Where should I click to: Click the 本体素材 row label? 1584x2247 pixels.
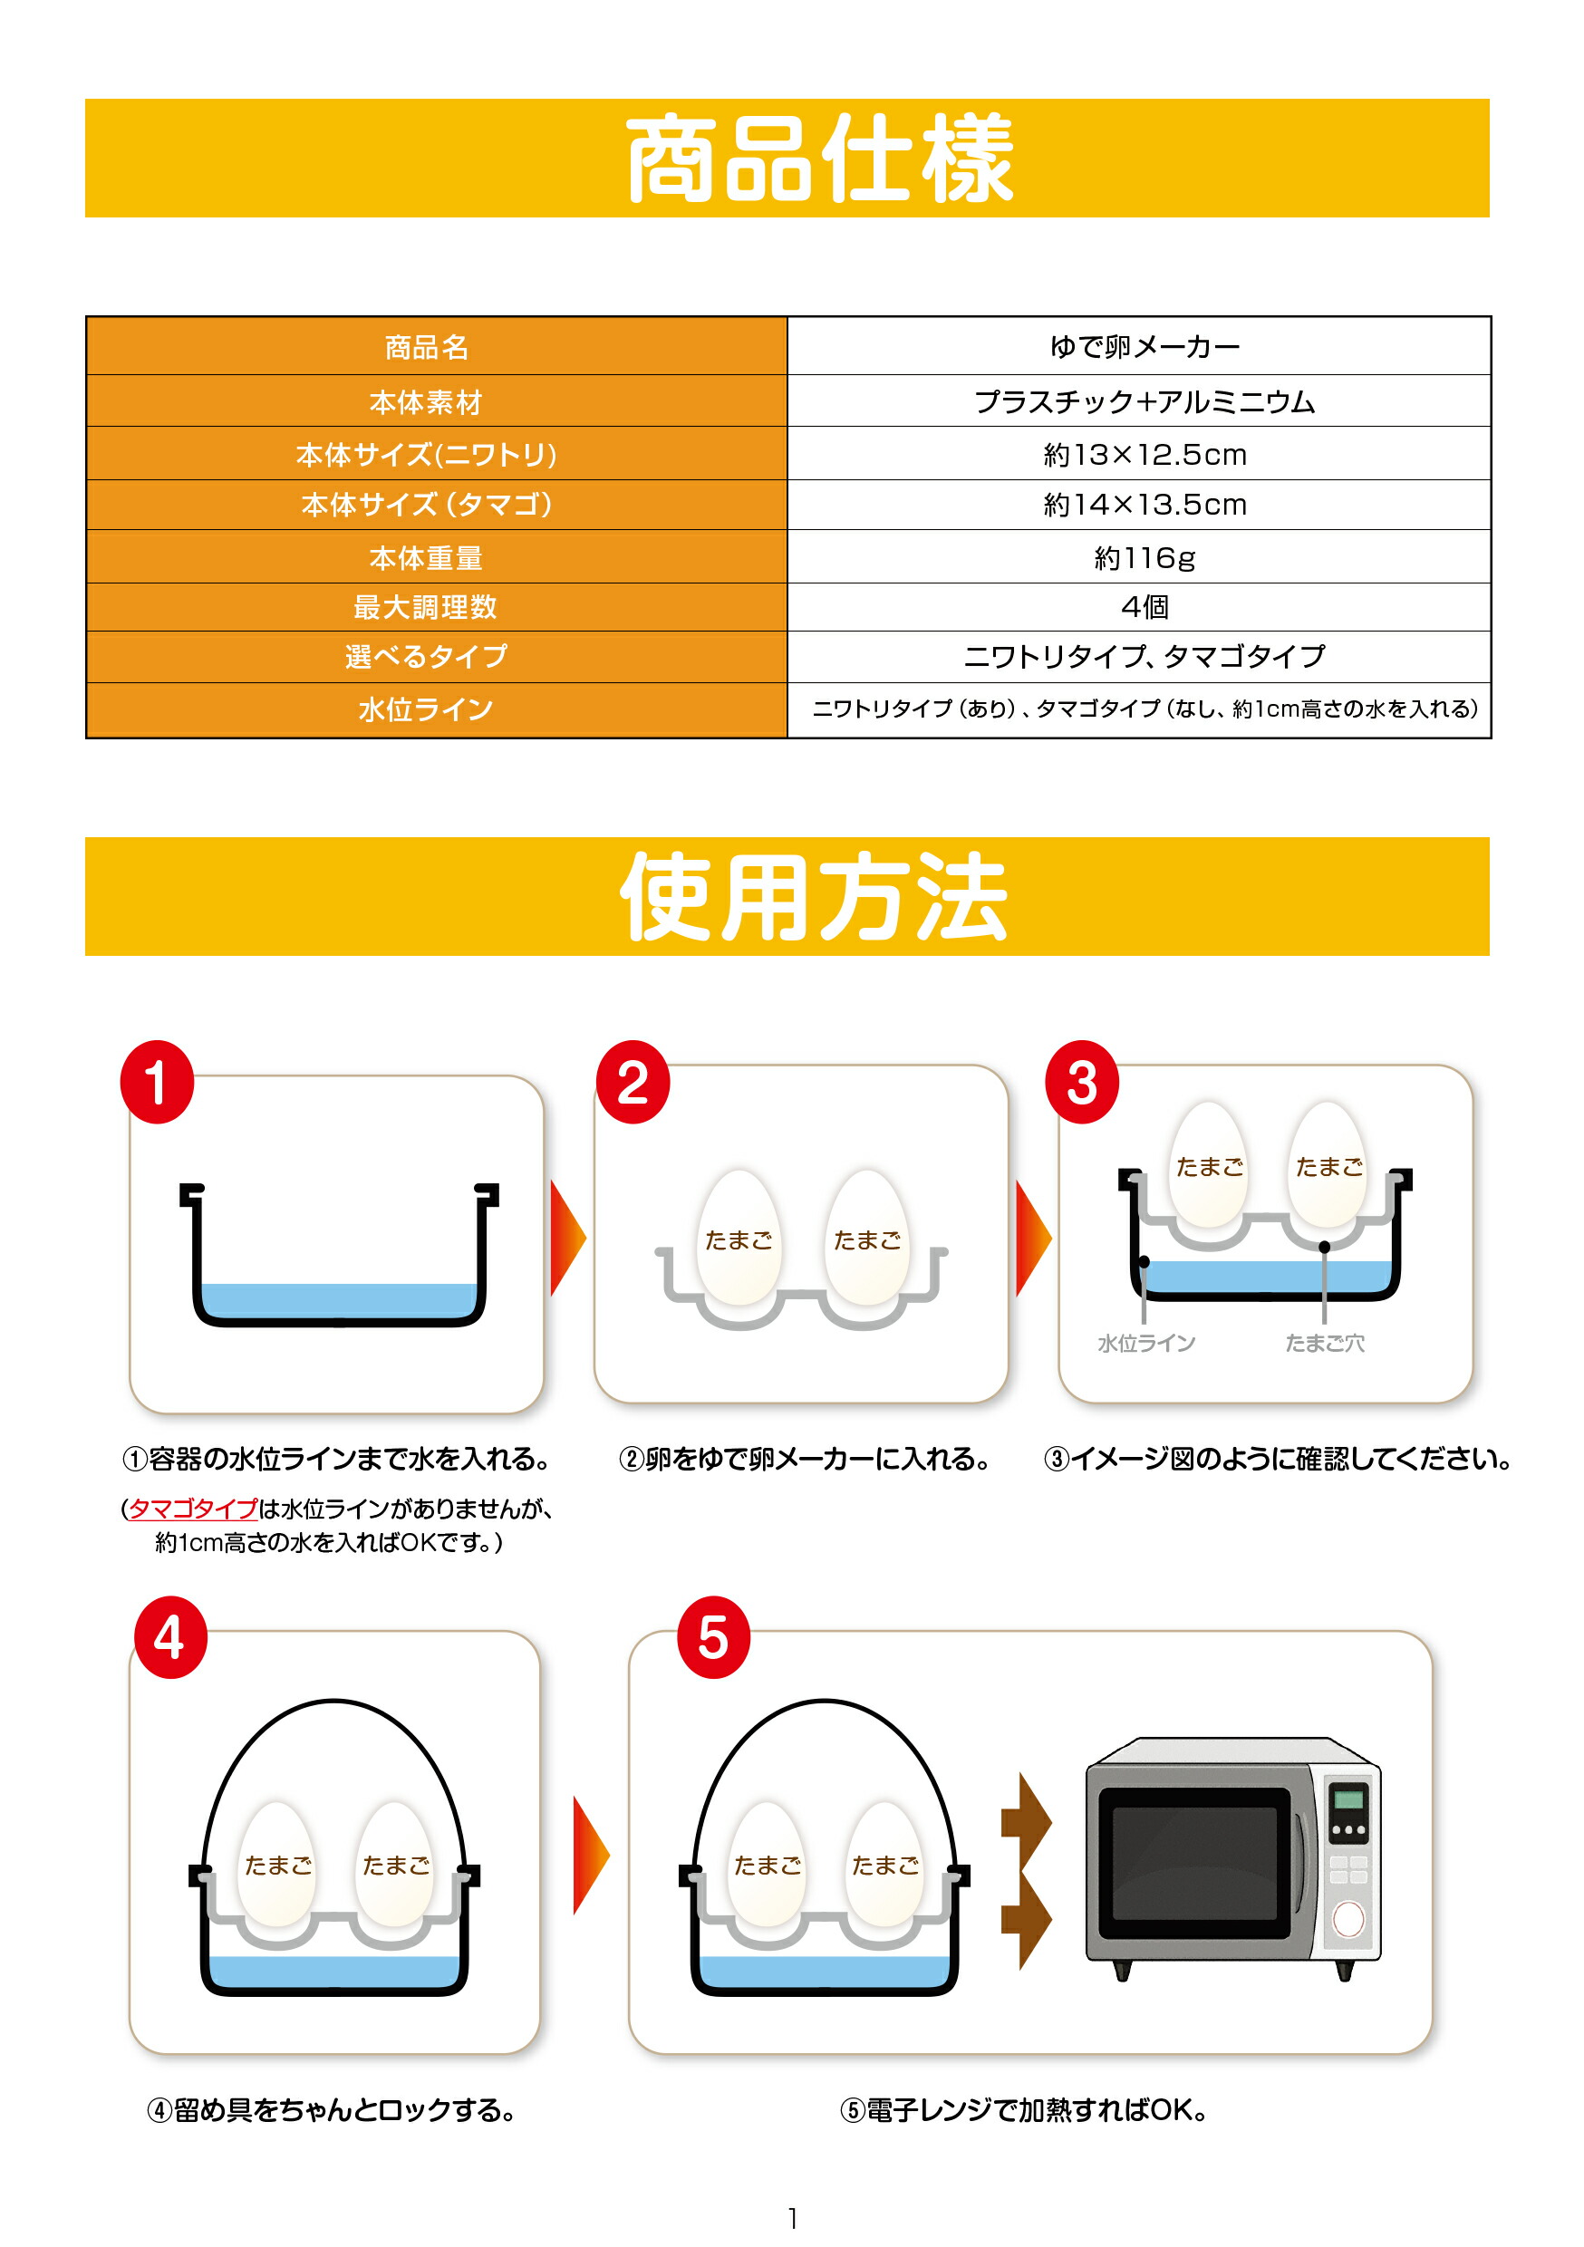[426, 401]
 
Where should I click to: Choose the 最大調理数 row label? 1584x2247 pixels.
[426, 607]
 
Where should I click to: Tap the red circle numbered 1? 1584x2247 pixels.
[157, 1082]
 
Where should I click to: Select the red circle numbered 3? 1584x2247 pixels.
[1082, 1082]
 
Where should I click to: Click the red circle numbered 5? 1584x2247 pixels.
[714, 1637]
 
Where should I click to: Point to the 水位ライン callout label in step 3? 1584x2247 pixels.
[1146, 1343]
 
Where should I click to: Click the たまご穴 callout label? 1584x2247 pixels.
[1325, 1343]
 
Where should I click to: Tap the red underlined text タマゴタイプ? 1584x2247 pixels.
[193, 1508]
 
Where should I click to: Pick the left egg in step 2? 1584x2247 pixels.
[739, 1237]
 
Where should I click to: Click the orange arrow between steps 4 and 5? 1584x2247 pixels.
[592, 1855]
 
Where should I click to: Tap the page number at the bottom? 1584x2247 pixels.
[792, 2218]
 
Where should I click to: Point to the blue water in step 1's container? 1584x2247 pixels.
[338, 1299]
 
